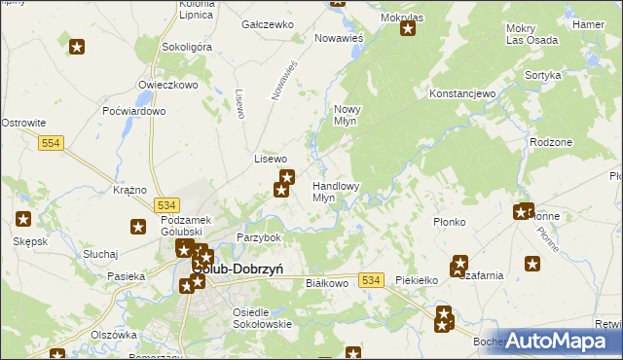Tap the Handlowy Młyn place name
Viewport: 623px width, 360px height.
[336, 191]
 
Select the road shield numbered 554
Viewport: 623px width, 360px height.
[54, 143]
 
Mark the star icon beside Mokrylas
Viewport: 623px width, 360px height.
[408, 28]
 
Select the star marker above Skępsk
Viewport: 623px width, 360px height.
[23, 219]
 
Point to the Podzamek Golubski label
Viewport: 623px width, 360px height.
[185, 227]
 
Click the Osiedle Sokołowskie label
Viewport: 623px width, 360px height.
[262, 318]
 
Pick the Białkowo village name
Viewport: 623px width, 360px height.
[327, 282]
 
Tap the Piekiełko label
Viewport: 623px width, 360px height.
[418, 280]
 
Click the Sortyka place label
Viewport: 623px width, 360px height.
[542, 75]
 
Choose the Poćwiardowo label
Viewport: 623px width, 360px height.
[133, 112]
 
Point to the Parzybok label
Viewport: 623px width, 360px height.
[259, 237]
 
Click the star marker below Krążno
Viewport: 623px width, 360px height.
[138, 227]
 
